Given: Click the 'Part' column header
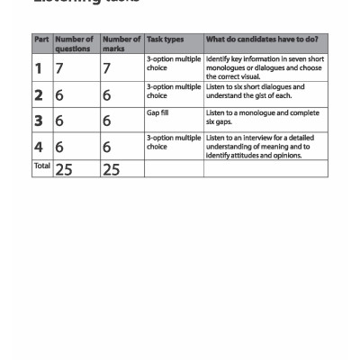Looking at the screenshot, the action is click(41, 40).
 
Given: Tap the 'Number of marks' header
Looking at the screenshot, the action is click(121, 44).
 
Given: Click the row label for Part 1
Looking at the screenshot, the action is click(39, 68).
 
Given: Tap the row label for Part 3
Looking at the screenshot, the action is click(39, 121).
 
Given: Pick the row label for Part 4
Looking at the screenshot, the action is click(39, 147).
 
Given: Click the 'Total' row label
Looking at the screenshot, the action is click(41, 166).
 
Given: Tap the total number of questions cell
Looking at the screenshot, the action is click(64, 169).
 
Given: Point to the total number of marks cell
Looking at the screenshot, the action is click(112, 169).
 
